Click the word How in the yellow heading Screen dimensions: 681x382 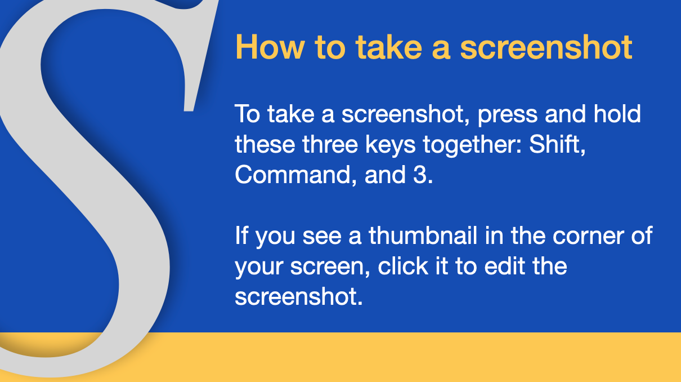[270, 47]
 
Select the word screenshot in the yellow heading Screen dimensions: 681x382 [546, 47]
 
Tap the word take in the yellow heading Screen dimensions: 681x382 [389, 47]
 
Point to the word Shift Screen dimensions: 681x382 [557, 144]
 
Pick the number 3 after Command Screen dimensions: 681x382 [420, 175]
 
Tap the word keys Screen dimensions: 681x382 [391, 145]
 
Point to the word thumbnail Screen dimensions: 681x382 [423, 236]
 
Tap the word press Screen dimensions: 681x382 [508, 116]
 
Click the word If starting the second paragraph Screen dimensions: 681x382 [241, 236]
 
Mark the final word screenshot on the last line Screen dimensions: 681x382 [299, 296]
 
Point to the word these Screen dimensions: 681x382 [265, 144]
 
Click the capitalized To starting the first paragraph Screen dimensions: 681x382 [248, 114]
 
